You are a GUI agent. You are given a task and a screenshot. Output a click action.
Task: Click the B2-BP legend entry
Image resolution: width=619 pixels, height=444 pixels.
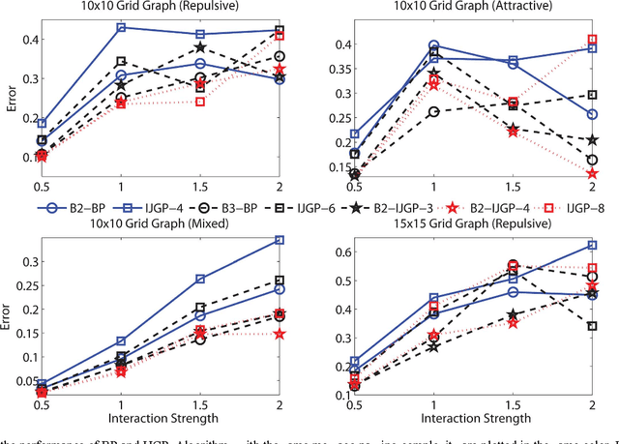[x=74, y=207]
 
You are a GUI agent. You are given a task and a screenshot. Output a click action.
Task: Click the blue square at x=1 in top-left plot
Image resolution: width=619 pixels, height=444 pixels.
[x=121, y=27]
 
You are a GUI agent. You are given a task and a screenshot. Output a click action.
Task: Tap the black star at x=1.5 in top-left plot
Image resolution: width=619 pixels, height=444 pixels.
[x=200, y=47]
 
